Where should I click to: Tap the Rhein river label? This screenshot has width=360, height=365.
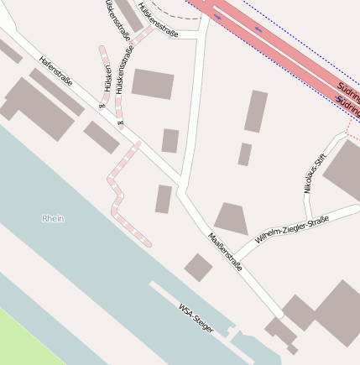tap(53, 218)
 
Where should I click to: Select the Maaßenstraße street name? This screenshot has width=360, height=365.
tap(226, 251)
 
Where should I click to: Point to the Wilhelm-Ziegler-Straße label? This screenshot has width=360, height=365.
tap(291, 232)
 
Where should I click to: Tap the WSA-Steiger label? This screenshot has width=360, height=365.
tap(196, 318)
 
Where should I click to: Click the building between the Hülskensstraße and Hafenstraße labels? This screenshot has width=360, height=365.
tap(153, 84)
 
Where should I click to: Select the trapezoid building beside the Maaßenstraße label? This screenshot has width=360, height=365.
tap(232, 218)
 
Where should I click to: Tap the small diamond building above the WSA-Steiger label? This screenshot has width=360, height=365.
tap(198, 268)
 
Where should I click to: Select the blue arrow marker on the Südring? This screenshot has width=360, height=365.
tap(258, 29)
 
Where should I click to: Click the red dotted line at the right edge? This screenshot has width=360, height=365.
tap(350, 126)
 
